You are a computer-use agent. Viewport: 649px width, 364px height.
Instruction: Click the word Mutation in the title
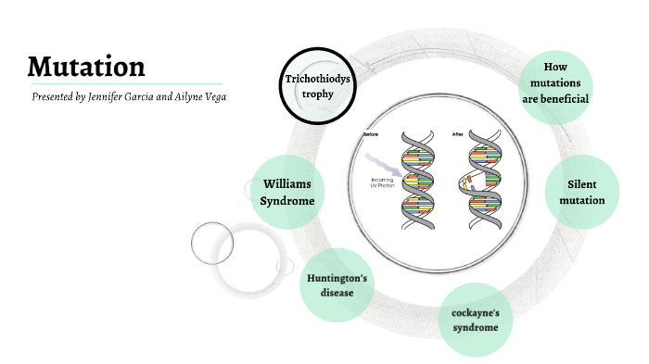[85, 67]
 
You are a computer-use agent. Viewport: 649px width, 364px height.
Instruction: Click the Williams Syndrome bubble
[288, 193]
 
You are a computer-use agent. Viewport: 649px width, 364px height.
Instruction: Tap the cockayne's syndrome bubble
[476, 320]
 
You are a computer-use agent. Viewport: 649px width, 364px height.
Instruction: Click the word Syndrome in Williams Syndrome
[288, 201]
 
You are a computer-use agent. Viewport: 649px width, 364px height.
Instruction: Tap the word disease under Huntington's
[337, 293]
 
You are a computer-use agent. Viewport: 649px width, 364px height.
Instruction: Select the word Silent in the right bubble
[586, 184]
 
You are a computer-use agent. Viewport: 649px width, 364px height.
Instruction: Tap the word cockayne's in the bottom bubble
[476, 311]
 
